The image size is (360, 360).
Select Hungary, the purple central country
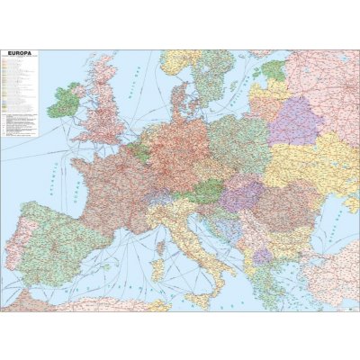point(243,193)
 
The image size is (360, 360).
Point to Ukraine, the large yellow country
point(315,166)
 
